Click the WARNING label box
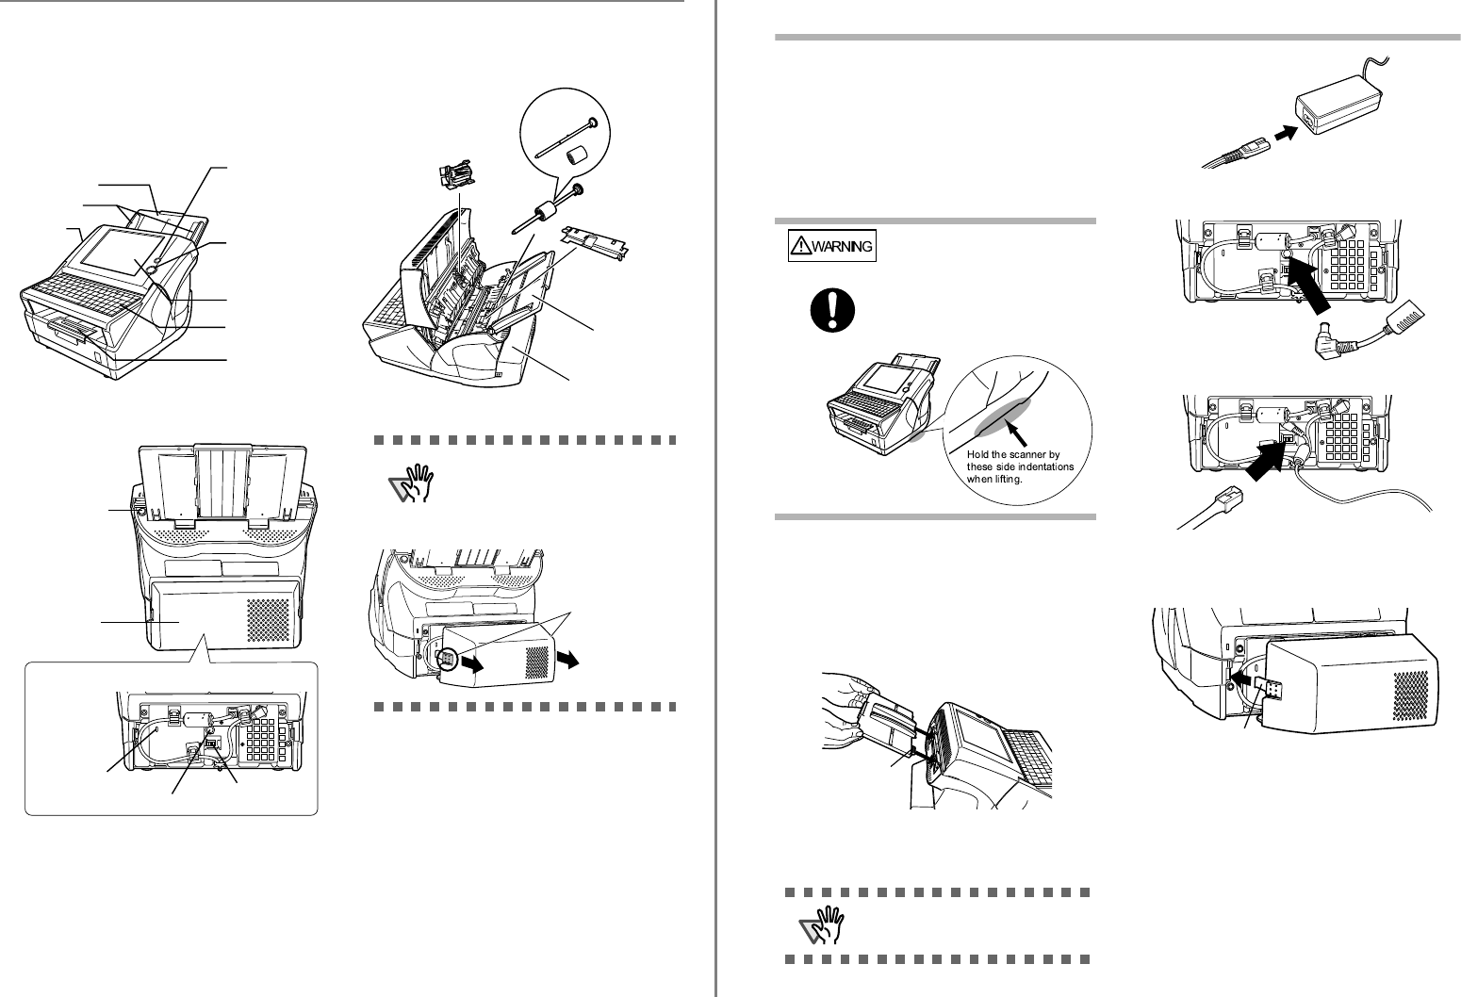tap(832, 247)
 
